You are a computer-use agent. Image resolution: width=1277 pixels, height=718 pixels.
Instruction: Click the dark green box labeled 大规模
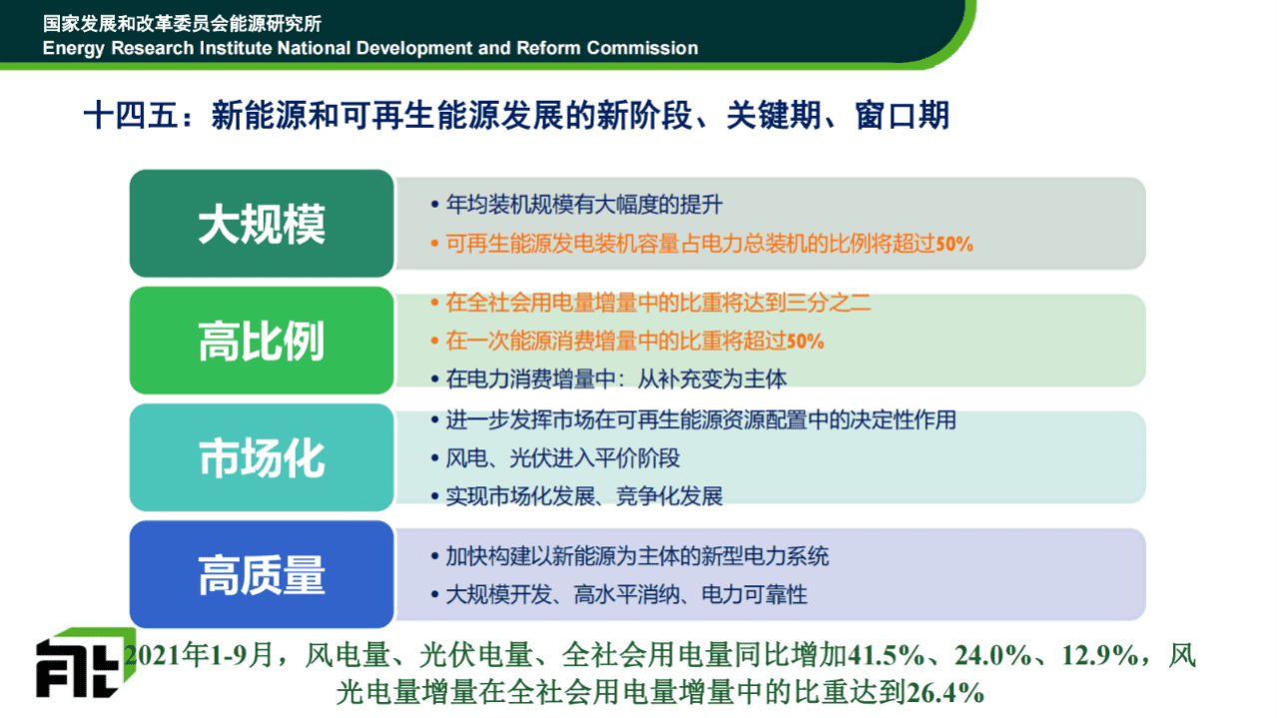[262, 224]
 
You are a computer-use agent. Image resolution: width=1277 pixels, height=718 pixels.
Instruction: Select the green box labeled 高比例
[262, 341]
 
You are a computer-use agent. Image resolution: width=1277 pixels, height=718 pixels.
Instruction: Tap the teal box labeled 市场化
[262, 457]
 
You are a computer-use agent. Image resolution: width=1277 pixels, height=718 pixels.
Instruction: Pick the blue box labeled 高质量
[262, 575]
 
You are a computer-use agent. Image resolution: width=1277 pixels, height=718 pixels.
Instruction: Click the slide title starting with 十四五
[515, 116]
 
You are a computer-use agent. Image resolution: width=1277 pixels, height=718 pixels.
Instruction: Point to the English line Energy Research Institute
[370, 48]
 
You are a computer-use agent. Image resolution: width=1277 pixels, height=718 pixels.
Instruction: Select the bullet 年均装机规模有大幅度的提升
[583, 205]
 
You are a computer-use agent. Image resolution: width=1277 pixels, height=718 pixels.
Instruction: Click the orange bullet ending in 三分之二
[658, 303]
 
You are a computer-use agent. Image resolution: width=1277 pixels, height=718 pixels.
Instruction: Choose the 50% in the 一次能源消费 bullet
[805, 341]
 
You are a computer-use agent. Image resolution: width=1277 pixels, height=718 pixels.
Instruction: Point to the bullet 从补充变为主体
[616, 378]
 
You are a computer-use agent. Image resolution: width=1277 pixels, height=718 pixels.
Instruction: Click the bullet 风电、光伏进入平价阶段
[563, 458]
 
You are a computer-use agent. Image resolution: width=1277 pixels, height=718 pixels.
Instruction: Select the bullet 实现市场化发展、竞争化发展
[584, 495]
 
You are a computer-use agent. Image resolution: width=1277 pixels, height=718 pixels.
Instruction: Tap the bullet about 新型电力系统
[637, 556]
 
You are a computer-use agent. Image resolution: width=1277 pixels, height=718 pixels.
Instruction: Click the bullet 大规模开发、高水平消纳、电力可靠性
[626, 595]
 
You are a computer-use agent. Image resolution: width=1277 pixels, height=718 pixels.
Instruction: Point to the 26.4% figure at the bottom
[945, 692]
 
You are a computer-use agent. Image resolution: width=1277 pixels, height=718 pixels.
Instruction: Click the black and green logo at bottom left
[83, 663]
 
